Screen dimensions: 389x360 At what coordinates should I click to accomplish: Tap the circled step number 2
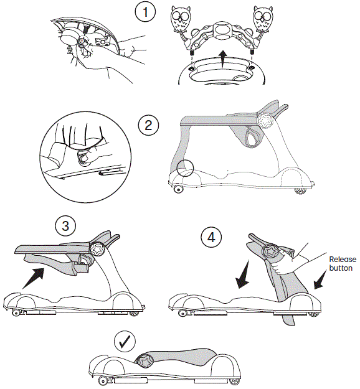pos(148,125)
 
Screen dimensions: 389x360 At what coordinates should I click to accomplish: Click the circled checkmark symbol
pos(125,341)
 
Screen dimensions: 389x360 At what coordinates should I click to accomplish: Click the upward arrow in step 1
pos(222,62)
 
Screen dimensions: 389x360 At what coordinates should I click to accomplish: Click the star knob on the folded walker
pos(148,360)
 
